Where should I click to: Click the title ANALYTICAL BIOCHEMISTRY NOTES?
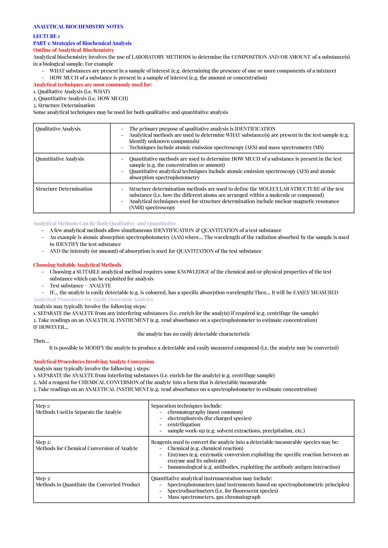(78, 26)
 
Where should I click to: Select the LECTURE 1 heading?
(46, 36)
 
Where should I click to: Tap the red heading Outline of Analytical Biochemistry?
(73, 50)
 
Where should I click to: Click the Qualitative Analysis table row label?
(58, 129)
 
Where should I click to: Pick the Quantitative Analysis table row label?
(59, 159)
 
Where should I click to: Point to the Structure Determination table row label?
(64, 189)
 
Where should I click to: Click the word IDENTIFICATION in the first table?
(255, 129)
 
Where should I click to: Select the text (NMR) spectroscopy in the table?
(152, 207)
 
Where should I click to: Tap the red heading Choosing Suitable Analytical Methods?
(77, 265)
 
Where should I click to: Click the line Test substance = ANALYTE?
(80, 286)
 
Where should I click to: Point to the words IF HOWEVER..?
(50, 327)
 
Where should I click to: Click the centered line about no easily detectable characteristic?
(194, 334)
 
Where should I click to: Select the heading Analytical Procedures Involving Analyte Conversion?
(93, 362)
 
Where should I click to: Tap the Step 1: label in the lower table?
(43, 406)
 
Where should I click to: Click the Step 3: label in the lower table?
(43, 478)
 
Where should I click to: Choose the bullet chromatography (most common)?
(205, 412)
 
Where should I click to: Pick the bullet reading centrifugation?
(184, 424)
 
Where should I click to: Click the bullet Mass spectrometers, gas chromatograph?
(214, 497)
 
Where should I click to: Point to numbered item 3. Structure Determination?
(64, 105)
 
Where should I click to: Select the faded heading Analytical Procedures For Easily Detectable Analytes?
(93, 300)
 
